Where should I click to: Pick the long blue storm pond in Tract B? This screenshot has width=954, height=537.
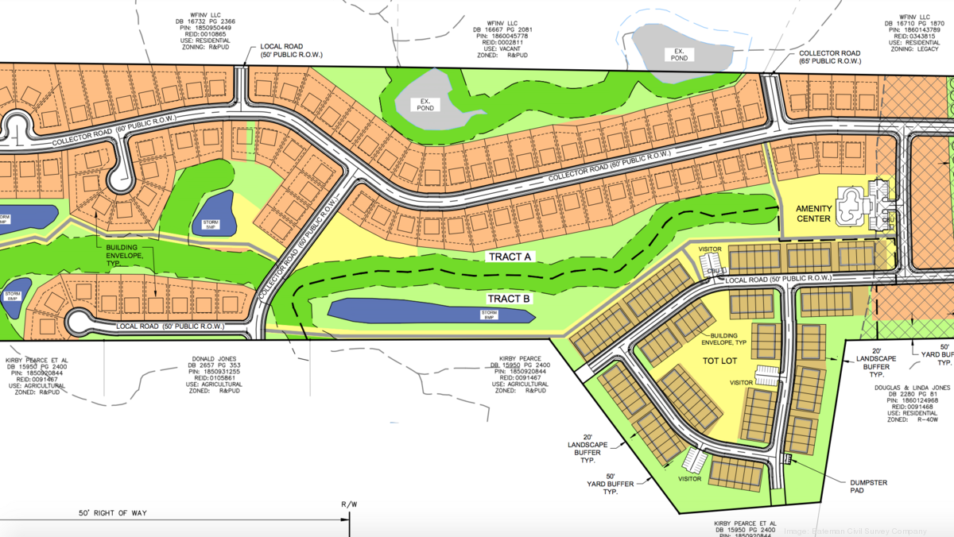click(430, 311)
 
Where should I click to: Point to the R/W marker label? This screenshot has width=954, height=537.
click(349, 504)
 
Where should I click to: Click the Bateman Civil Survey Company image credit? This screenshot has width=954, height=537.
click(867, 531)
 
